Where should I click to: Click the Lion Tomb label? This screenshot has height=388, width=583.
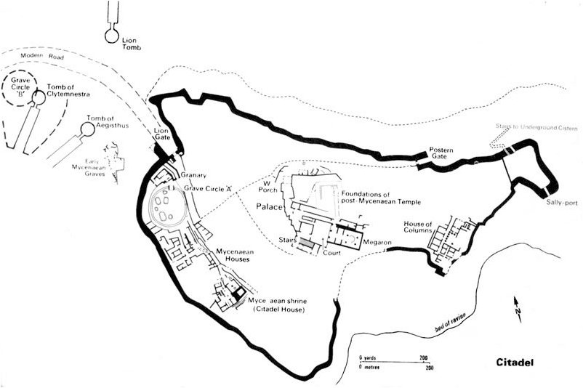pos(132,41)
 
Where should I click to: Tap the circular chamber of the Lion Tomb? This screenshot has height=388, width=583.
pos(111,33)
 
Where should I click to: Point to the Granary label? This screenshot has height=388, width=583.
pos(195,175)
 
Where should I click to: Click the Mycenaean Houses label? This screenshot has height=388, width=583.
pos(233,255)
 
